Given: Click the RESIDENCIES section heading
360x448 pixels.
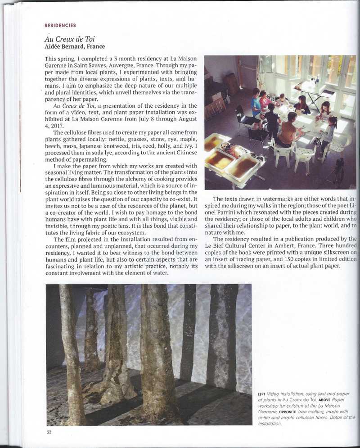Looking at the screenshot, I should click(x=60, y=26).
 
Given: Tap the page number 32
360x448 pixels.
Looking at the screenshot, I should click(x=49, y=433).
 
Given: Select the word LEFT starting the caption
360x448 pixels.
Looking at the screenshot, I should click(x=261, y=394).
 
